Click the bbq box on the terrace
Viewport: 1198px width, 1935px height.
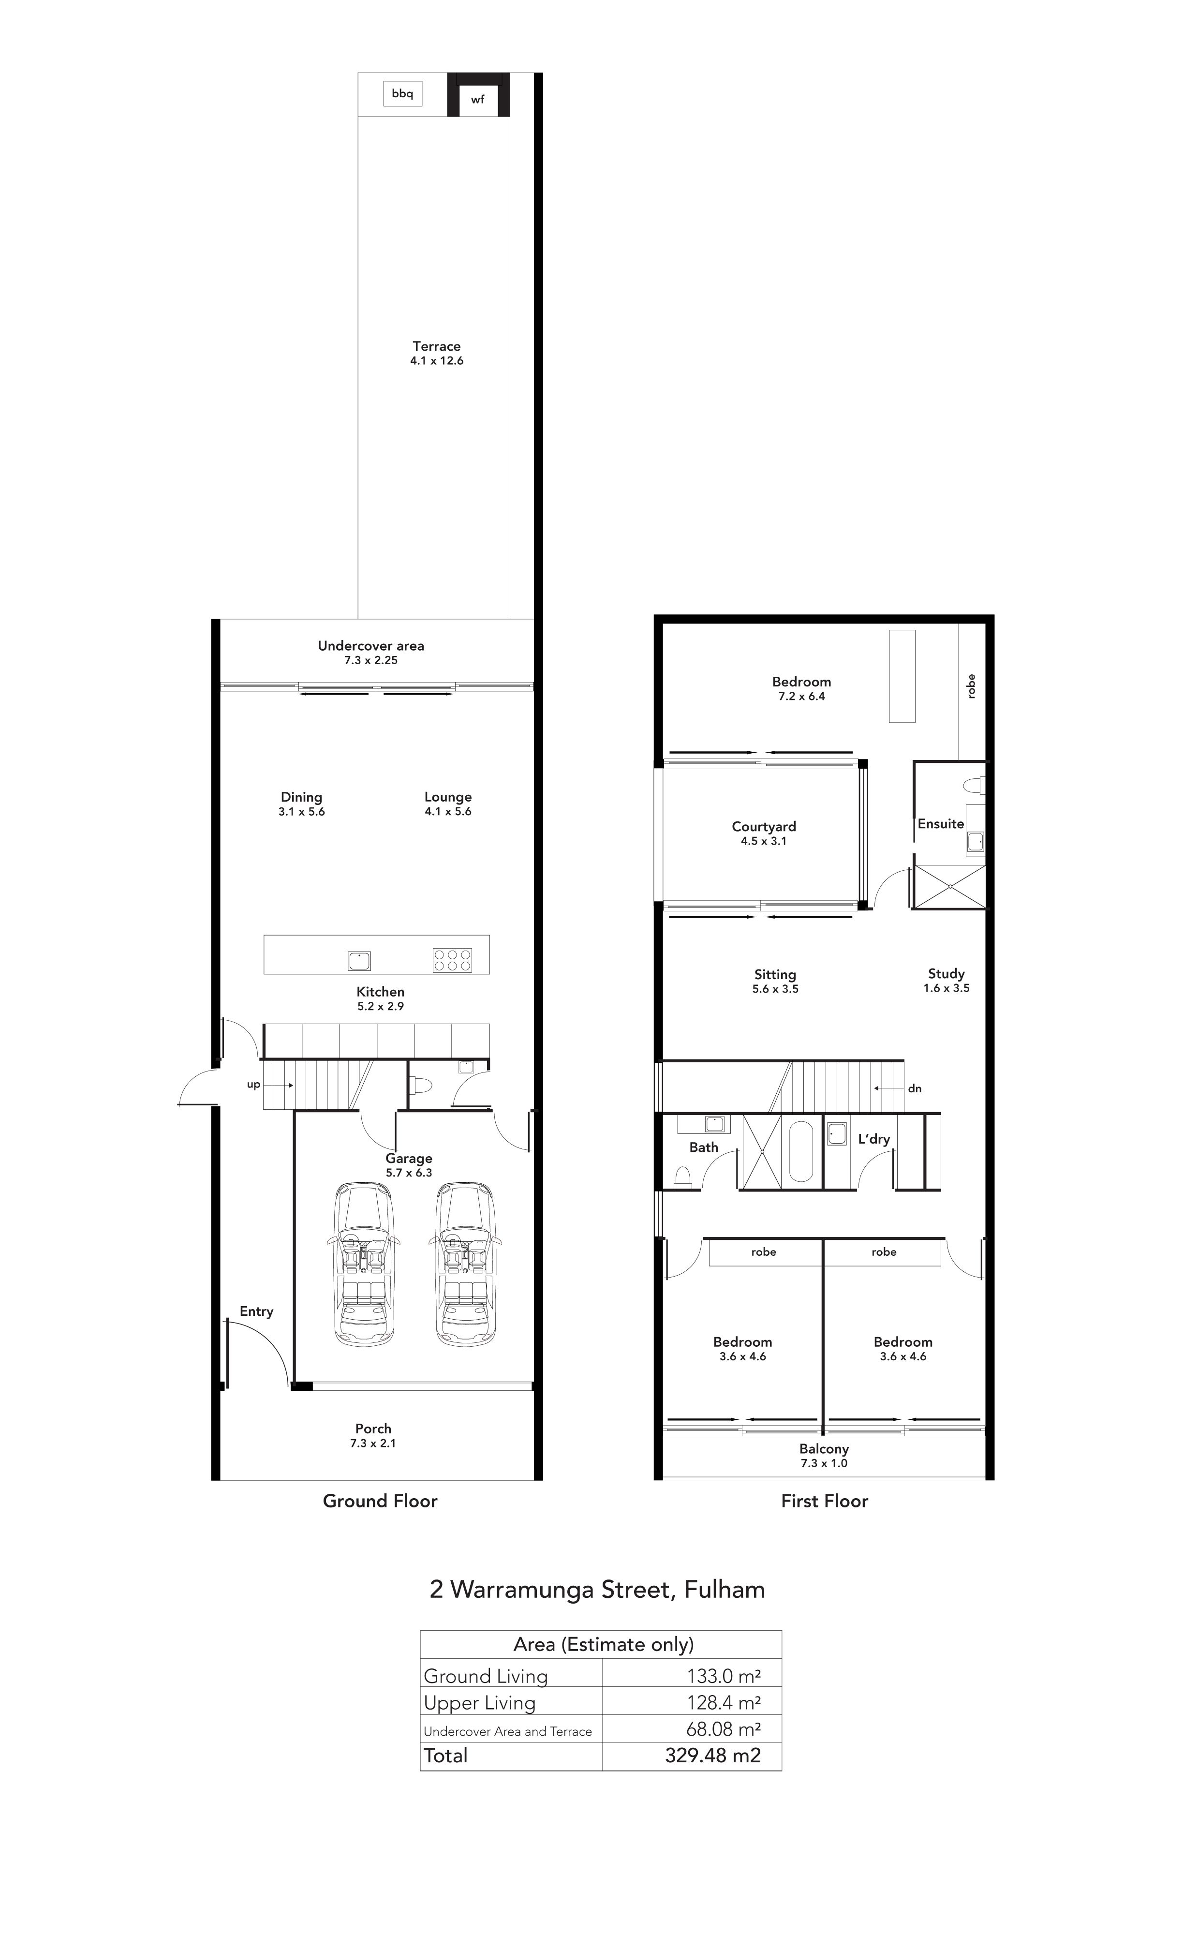click(x=402, y=93)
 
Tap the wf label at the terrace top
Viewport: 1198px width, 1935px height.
click(x=478, y=100)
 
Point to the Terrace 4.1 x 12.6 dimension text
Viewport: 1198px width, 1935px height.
click(x=437, y=360)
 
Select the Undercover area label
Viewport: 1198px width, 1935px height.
click(x=371, y=646)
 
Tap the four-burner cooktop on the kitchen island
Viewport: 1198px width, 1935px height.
click(x=452, y=960)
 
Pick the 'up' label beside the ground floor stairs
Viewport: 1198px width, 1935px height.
click(x=253, y=1085)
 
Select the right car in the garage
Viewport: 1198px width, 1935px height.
click(x=464, y=1264)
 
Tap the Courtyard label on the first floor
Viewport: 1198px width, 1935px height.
click(x=764, y=826)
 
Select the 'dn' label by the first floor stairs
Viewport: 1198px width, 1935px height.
click(x=915, y=1089)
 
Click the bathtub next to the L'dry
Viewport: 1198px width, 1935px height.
click(x=802, y=1151)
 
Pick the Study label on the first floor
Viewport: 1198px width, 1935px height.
click(x=947, y=974)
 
